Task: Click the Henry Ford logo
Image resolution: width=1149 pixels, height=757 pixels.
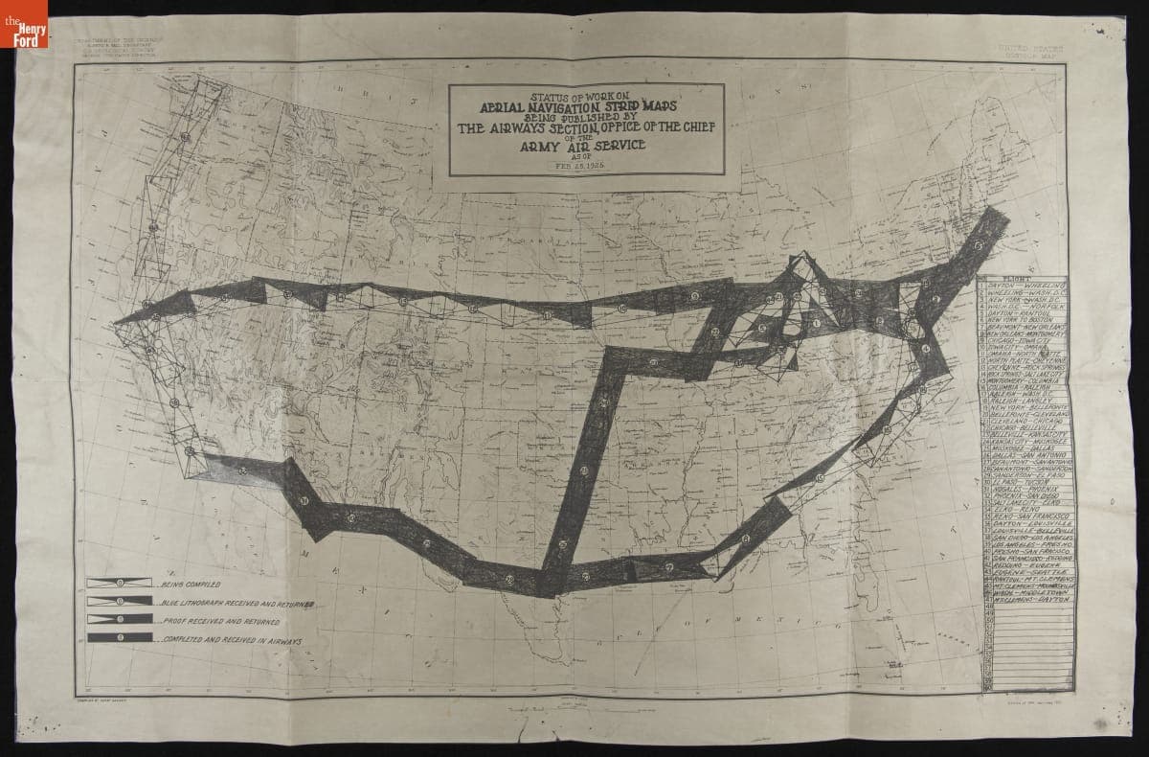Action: click(29, 30)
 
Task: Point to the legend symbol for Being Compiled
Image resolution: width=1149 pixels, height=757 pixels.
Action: click(119, 583)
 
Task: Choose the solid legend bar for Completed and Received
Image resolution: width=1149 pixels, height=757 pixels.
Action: click(119, 637)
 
